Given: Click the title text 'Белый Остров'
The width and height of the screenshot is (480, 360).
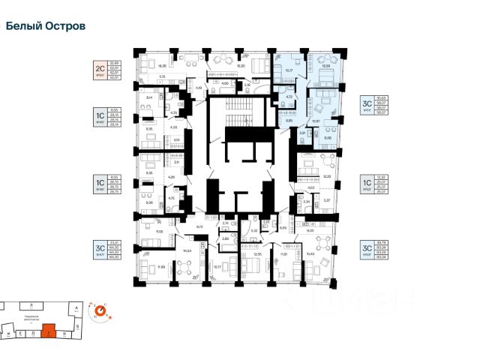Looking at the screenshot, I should [x=46, y=25].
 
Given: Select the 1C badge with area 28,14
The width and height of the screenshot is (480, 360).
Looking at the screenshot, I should [x=97, y=118].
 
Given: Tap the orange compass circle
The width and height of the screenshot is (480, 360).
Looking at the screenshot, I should [x=99, y=309].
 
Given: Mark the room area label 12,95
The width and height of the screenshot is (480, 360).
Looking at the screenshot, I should [x=256, y=255].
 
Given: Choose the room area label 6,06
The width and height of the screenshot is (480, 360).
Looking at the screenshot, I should [x=328, y=138].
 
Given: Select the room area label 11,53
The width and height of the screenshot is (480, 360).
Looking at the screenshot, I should [x=160, y=232].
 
